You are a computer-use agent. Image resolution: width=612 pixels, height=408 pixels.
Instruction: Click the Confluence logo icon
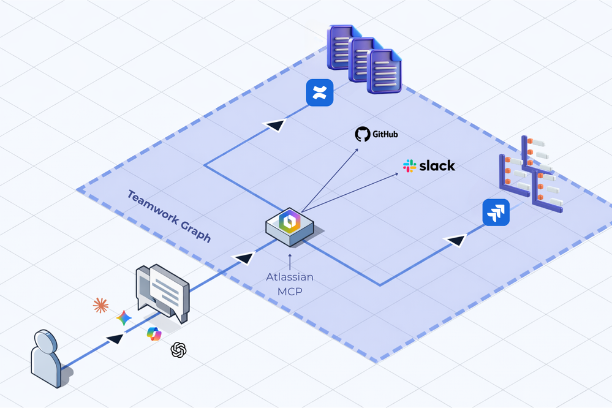319,93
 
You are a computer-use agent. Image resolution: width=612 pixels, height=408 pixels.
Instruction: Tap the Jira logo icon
496,213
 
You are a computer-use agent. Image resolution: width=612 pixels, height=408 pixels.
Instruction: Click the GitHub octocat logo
363,134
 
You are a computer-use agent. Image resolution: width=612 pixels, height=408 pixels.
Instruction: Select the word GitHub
385,134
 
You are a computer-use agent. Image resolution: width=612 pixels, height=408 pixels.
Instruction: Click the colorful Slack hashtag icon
410,165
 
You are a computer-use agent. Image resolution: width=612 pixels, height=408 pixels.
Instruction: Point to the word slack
437,165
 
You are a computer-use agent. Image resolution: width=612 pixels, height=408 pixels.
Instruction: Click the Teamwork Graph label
169,216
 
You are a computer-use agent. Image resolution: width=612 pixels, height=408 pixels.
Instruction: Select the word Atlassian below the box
290,277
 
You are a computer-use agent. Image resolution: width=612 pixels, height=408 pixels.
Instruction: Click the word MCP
290,292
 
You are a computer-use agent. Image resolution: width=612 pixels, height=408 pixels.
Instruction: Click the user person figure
47,358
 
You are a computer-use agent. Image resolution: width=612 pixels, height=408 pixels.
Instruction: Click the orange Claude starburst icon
100,305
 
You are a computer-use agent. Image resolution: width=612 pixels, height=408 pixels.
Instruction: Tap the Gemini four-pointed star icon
124,318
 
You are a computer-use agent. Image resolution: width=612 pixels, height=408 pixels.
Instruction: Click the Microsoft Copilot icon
154,334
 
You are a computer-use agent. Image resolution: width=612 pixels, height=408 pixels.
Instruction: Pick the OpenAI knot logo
178,350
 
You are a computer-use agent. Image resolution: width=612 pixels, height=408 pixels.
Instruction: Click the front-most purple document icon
384,72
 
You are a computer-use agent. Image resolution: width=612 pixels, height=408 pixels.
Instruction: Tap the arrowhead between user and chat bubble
115,338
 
